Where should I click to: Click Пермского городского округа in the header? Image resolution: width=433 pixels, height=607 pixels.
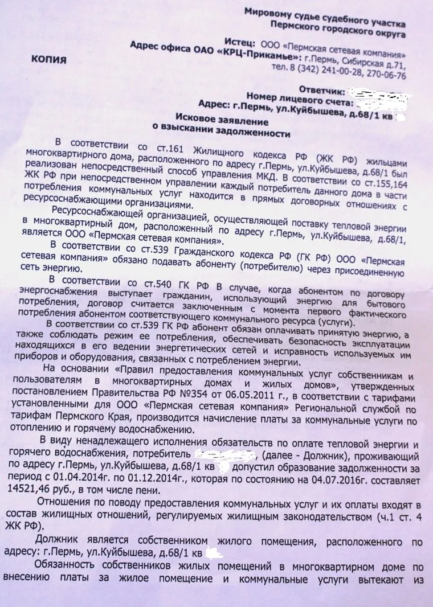341,34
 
